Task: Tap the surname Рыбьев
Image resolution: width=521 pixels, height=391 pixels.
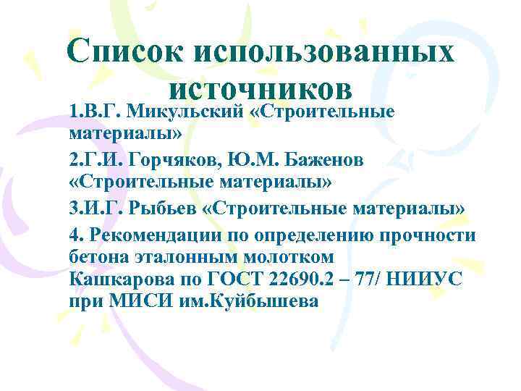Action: coord(164,209)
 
